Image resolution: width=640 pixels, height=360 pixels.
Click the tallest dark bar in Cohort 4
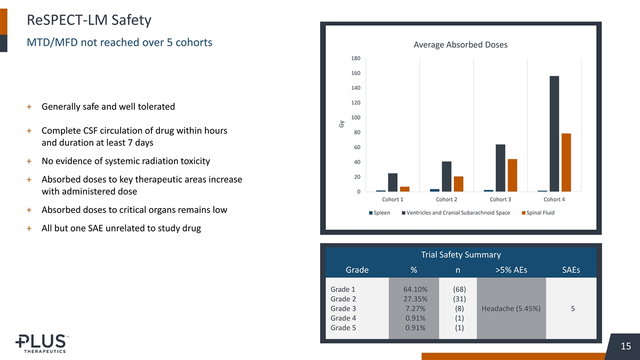coord(554,133)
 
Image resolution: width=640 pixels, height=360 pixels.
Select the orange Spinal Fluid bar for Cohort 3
coord(512,175)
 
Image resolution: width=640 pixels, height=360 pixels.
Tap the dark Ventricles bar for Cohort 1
coord(393,182)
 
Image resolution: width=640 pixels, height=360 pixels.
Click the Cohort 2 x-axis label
coord(446,200)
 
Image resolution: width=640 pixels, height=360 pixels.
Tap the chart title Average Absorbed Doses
coord(460,45)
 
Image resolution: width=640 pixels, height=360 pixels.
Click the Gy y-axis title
coord(341,124)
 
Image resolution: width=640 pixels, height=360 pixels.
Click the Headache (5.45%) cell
coord(511,308)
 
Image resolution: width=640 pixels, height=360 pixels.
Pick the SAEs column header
coord(571,270)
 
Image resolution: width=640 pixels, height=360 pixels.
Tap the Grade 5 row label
coord(343,327)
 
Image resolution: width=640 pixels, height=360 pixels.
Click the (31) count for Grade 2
coord(458,299)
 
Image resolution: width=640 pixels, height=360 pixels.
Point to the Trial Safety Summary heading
coord(460,255)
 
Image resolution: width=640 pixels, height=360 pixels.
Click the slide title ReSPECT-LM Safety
coord(89,20)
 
